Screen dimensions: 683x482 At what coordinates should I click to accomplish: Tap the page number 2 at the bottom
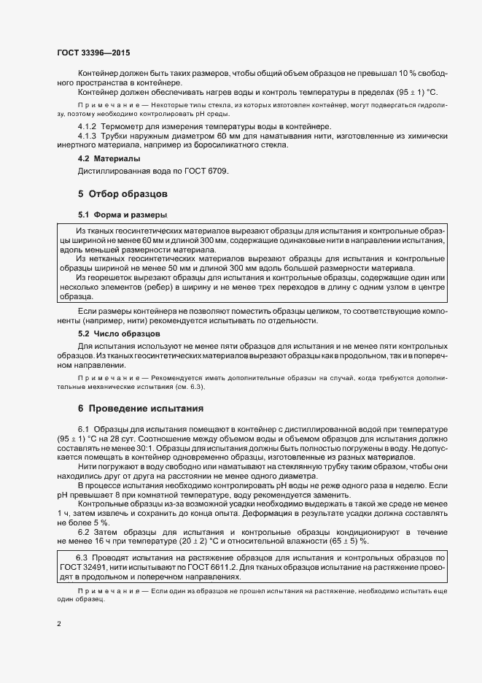(58, 624)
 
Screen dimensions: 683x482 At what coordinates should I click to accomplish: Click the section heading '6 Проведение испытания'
(140, 407)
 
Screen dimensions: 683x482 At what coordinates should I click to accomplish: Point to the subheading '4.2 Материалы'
(109, 158)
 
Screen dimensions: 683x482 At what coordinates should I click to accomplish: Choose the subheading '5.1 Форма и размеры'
(123, 215)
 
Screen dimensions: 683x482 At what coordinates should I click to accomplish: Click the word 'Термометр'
(123, 127)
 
